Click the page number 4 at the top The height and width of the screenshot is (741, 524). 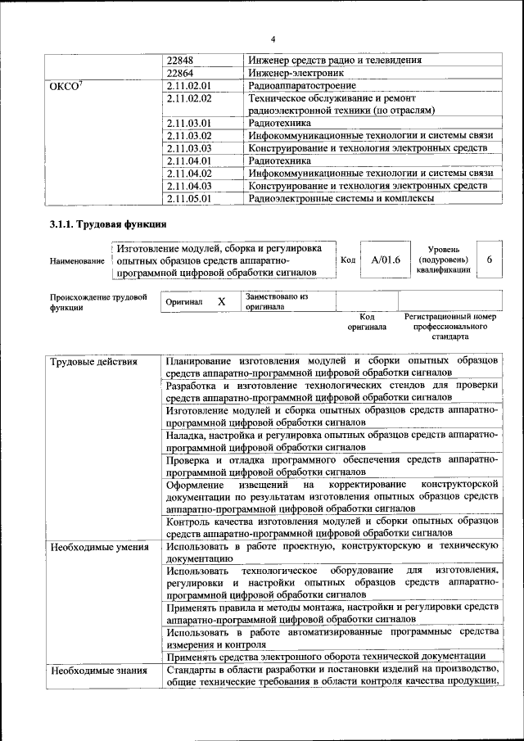(273, 38)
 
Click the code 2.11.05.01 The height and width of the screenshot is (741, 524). (189, 197)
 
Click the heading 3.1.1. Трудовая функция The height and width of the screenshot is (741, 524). (108, 224)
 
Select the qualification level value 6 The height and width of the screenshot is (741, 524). (489, 260)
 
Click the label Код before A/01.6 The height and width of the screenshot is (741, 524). (347, 260)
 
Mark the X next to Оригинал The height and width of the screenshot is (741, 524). (221, 301)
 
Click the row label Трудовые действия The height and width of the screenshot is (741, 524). (93, 362)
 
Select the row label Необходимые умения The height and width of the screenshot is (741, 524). (98, 547)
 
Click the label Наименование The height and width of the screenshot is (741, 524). (76, 260)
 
